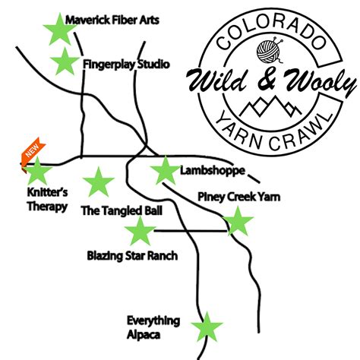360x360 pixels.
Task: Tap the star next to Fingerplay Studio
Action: coord(64,62)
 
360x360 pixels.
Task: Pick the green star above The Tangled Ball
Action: coord(97,182)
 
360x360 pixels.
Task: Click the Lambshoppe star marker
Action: coord(164,171)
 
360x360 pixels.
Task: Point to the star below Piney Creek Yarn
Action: coord(238,223)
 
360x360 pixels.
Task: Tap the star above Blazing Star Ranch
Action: coord(140,232)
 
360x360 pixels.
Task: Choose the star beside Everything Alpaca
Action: coord(206,328)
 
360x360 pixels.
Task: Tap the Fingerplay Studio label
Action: coord(125,65)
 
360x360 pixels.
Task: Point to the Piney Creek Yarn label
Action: coord(238,197)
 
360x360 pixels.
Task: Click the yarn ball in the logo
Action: coord(270,52)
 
